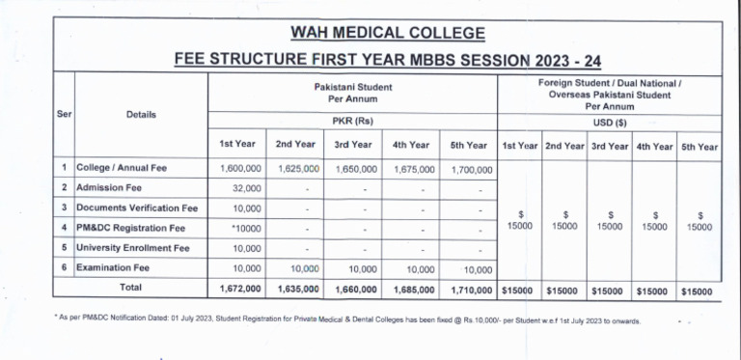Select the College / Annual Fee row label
coord(122,167)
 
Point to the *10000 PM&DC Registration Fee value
coord(245,228)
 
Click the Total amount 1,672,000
coord(237,289)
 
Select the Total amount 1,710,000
coord(470,289)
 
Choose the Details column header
coord(141,115)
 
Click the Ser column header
coord(64,115)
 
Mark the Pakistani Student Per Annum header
coord(352,92)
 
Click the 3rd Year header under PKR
coord(354,145)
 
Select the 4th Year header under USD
coord(654,146)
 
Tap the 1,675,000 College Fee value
coord(412,168)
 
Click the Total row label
coord(129,288)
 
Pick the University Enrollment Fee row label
coord(132,247)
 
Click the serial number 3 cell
coord(64,208)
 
